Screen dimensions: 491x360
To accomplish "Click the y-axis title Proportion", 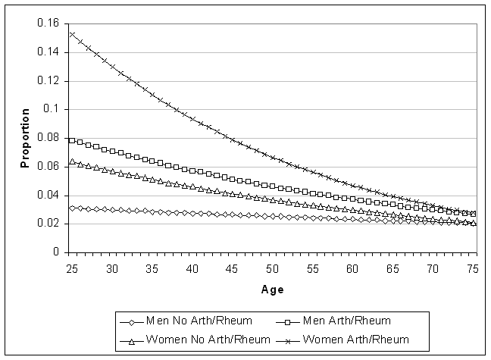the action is pyautogui.click(x=25, y=138).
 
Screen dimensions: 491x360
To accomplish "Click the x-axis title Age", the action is pyautogui.click(x=273, y=290).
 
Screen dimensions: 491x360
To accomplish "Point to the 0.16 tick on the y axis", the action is pyautogui.click(x=48, y=23).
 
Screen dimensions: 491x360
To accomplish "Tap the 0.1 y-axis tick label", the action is pyautogui.click(x=51, y=109).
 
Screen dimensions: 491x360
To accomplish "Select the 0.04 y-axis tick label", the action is pyautogui.click(x=48, y=195).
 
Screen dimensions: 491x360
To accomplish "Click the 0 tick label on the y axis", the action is pyautogui.click(x=56, y=252).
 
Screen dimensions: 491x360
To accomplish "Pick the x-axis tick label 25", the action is pyautogui.click(x=72, y=268).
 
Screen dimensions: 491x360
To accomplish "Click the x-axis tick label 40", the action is pyautogui.click(x=192, y=268).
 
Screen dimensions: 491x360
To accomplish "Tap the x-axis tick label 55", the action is pyautogui.click(x=312, y=268).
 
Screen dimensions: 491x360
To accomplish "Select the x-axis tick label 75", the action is pyautogui.click(x=473, y=268).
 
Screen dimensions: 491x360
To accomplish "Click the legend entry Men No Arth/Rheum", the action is pyautogui.click(x=186, y=321).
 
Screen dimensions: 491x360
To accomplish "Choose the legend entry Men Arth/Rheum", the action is pyautogui.click(x=334, y=321).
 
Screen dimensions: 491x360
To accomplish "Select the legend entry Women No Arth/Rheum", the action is pyautogui.click(x=195, y=340).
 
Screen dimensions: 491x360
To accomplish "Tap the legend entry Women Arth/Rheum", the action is pyautogui.click(x=342, y=340).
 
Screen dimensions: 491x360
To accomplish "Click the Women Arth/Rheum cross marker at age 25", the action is pyautogui.click(x=72, y=34).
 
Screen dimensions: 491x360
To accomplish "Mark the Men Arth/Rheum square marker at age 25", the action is pyautogui.click(x=72, y=140).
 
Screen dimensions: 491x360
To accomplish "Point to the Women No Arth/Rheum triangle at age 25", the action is pyautogui.click(x=72, y=161).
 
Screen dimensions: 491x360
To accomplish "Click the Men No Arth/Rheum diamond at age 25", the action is pyautogui.click(x=72, y=208).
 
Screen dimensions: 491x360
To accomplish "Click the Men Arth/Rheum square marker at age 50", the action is pyautogui.click(x=273, y=186).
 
